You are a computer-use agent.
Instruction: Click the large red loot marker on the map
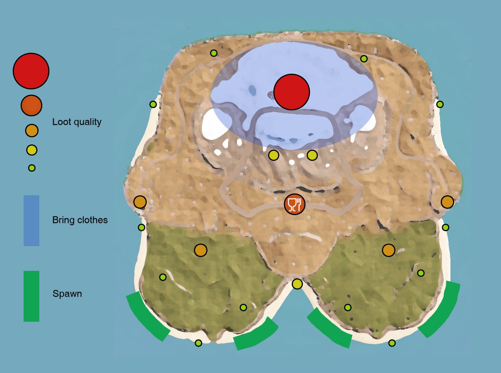coord(291,92)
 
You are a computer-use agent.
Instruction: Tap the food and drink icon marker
coord(295,204)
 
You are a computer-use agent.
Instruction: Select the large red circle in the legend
coord(31,71)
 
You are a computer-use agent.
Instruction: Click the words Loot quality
coord(77,122)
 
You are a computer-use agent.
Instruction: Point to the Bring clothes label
coord(80,220)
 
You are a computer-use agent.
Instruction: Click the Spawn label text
coord(67,294)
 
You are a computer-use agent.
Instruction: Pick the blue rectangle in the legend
coord(31,221)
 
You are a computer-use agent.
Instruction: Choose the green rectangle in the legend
coord(31,296)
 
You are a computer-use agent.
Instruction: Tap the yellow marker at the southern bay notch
coord(297,284)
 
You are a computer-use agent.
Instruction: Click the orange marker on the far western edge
coord(140,202)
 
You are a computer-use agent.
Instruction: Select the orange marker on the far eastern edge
coord(447,202)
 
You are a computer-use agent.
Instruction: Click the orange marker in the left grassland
coord(201,250)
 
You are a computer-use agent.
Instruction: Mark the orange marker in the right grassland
coord(389,250)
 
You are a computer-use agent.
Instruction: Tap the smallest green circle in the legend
coord(31,168)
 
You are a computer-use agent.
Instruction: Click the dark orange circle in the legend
coord(31,106)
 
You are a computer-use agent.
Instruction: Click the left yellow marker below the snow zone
coord(274,155)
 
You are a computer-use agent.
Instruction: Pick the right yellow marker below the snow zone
coord(312,155)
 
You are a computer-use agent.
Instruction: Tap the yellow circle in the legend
coord(31,150)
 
